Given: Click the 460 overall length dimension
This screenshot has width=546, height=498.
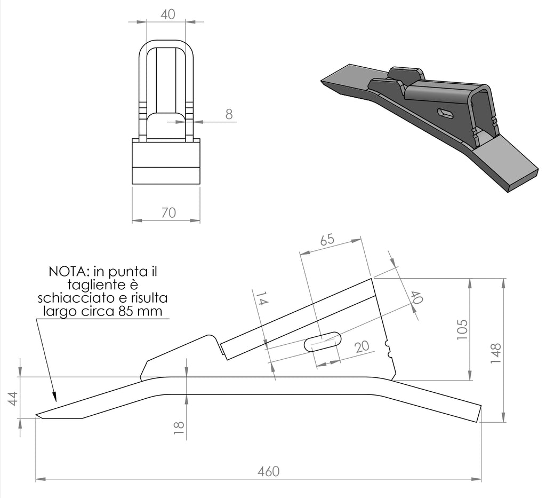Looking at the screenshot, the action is (x=269, y=471).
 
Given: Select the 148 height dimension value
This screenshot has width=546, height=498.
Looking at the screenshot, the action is (x=495, y=353).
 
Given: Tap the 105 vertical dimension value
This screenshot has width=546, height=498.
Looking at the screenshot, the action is (x=462, y=330).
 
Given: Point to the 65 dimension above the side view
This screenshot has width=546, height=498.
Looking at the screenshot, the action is (x=327, y=240).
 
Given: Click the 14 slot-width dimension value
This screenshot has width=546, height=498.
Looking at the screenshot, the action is (x=261, y=298).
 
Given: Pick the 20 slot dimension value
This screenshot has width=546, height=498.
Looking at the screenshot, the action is (x=362, y=346).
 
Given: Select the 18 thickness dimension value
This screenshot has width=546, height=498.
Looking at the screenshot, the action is (x=179, y=428).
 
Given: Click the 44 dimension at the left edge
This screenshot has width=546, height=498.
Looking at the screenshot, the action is (x=13, y=398).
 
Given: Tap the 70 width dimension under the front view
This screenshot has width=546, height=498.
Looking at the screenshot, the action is (x=168, y=212).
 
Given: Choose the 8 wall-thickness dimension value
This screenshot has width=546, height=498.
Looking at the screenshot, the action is (x=229, y=114).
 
